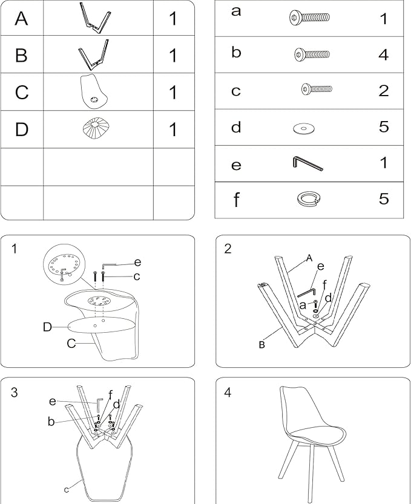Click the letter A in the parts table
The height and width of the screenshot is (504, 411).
pyautogui.click(x=21, y=18)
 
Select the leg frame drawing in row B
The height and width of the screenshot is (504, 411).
pyautogui.click(x=93, y=54)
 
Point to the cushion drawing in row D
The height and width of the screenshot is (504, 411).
pyautogui.click(x=96, y=128)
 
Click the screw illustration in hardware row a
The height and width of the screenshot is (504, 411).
pyautogui.click(x=309, y=18)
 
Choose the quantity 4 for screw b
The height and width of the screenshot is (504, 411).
pyautogui.click(x=383, y=54)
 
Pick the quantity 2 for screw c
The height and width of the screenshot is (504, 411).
pyautogui.click(x=383, y=91)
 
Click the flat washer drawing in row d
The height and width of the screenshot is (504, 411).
pyautogui.click(x=304, y=129)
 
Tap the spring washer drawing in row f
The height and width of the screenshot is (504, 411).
pyautogui.click(x=309, y=199)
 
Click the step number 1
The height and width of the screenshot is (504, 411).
pyautogui.click(x=14, y=249)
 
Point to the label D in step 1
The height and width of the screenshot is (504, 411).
pyautogui.click(x=47, y=327)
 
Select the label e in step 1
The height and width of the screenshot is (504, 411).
pyautogui.click(x=137, y=263)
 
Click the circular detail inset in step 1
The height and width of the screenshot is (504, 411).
pyautogui.click(x=65, y=264)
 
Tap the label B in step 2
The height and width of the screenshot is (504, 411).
pyautogui.click(x=261, y=345)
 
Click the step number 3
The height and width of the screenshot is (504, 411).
pyautogui.click(x=14, y=393)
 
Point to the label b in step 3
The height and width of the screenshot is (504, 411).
pyautogui.click(x=51, y=421)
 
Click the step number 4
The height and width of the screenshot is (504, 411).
pyautogui.click(x=228, y=393)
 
